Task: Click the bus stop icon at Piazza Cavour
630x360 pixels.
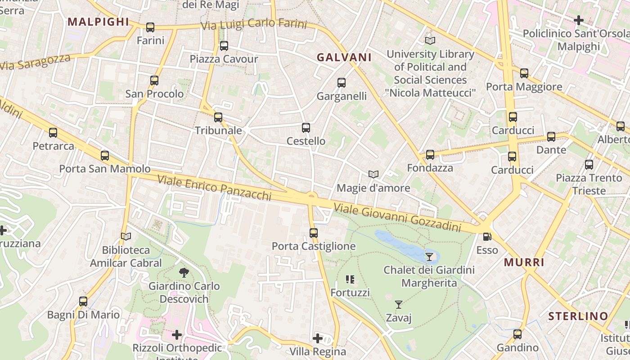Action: click(224, 46)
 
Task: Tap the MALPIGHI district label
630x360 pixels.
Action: click(98, 22)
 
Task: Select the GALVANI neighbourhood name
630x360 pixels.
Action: click(344, 57)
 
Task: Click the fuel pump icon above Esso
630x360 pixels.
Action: click(486, 237)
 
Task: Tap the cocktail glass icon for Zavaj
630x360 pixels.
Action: click(398, 305)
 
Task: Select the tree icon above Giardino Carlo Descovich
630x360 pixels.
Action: click(184, 272)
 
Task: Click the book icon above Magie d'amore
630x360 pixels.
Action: click(373, 174)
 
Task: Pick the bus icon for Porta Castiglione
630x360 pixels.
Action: click(314, 233)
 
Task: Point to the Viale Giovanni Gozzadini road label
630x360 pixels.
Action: click(397, 216)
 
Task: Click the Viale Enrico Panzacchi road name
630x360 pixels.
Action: click(214, 187)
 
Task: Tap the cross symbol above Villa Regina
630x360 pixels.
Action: click(318, 338)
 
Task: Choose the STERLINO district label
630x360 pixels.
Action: click(578, 316)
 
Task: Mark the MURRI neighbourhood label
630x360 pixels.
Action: click(524, 262)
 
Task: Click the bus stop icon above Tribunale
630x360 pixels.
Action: click(218, 117)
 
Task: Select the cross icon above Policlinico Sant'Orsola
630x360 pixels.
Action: click(579, 20)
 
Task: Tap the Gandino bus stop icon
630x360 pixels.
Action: click(517, 334)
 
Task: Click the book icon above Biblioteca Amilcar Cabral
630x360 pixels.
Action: click(126, 236)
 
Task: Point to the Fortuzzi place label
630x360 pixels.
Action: click(350, 292)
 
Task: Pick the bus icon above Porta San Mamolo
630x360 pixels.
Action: click(105, 156)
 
